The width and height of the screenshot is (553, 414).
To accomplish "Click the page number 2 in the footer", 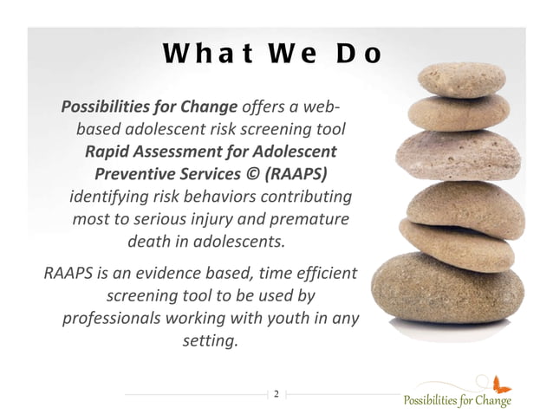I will pyautogui.click(x=276, y=395).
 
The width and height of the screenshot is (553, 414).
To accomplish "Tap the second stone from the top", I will pyautogui.click(x=451, y=113).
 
